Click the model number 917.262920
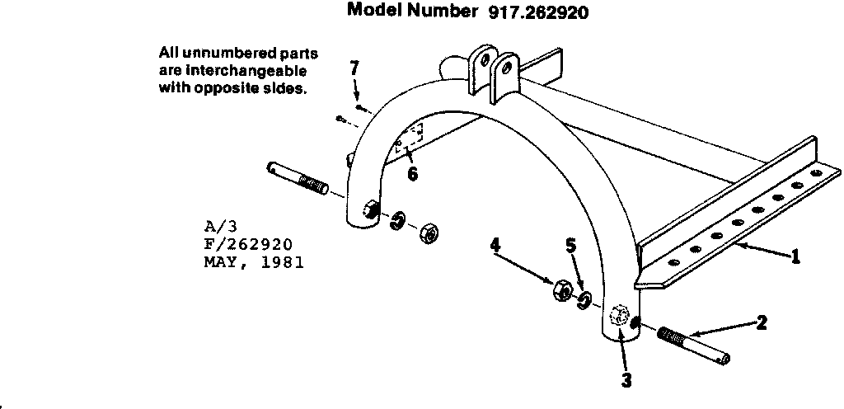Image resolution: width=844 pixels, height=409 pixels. click(533, 13)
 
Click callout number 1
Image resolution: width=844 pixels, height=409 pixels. click(795, 256)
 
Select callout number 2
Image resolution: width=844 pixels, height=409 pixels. click(762, 322)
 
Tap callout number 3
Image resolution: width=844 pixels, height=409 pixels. click(626, 380)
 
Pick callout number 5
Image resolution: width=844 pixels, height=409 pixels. click(570, 246)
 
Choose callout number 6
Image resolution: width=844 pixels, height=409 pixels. click(412, 174)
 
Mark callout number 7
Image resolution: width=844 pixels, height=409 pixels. click(354, 67)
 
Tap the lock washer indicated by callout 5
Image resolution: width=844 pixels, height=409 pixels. click(584, 299)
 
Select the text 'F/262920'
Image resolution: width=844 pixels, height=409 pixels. click(247, 244)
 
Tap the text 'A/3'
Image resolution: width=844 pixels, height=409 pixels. click(218, 224)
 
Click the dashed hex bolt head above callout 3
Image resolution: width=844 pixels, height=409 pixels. click(620, 317)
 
